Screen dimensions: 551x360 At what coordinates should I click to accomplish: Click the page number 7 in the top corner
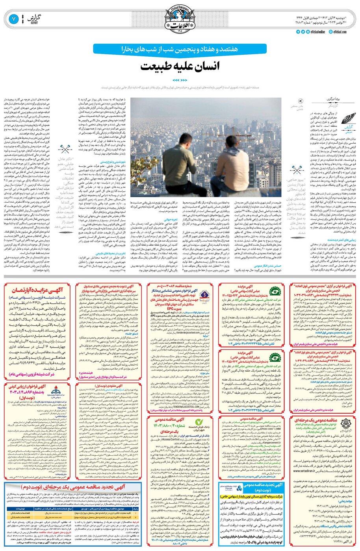[x=13, y=18]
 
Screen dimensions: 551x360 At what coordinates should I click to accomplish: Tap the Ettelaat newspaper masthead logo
[x=180, y=18]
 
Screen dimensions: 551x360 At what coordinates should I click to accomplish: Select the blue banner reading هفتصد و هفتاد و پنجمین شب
[x=180, y=49]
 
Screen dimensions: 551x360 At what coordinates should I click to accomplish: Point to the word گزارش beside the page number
[x=36, y=17]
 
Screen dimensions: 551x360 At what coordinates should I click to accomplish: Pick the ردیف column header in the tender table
[x=136, y=508]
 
